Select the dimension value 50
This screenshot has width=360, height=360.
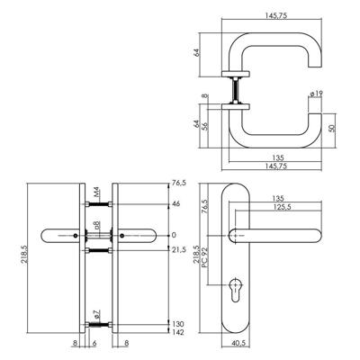tap(331, 128)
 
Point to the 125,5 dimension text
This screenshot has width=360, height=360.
tap(283, 207)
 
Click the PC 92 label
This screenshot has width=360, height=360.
tap(205, 257)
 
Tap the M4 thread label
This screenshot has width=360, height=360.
tap(96, 192)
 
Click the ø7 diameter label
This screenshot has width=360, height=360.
tap(96, 315)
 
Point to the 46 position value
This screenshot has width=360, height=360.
tap(176, 204)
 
